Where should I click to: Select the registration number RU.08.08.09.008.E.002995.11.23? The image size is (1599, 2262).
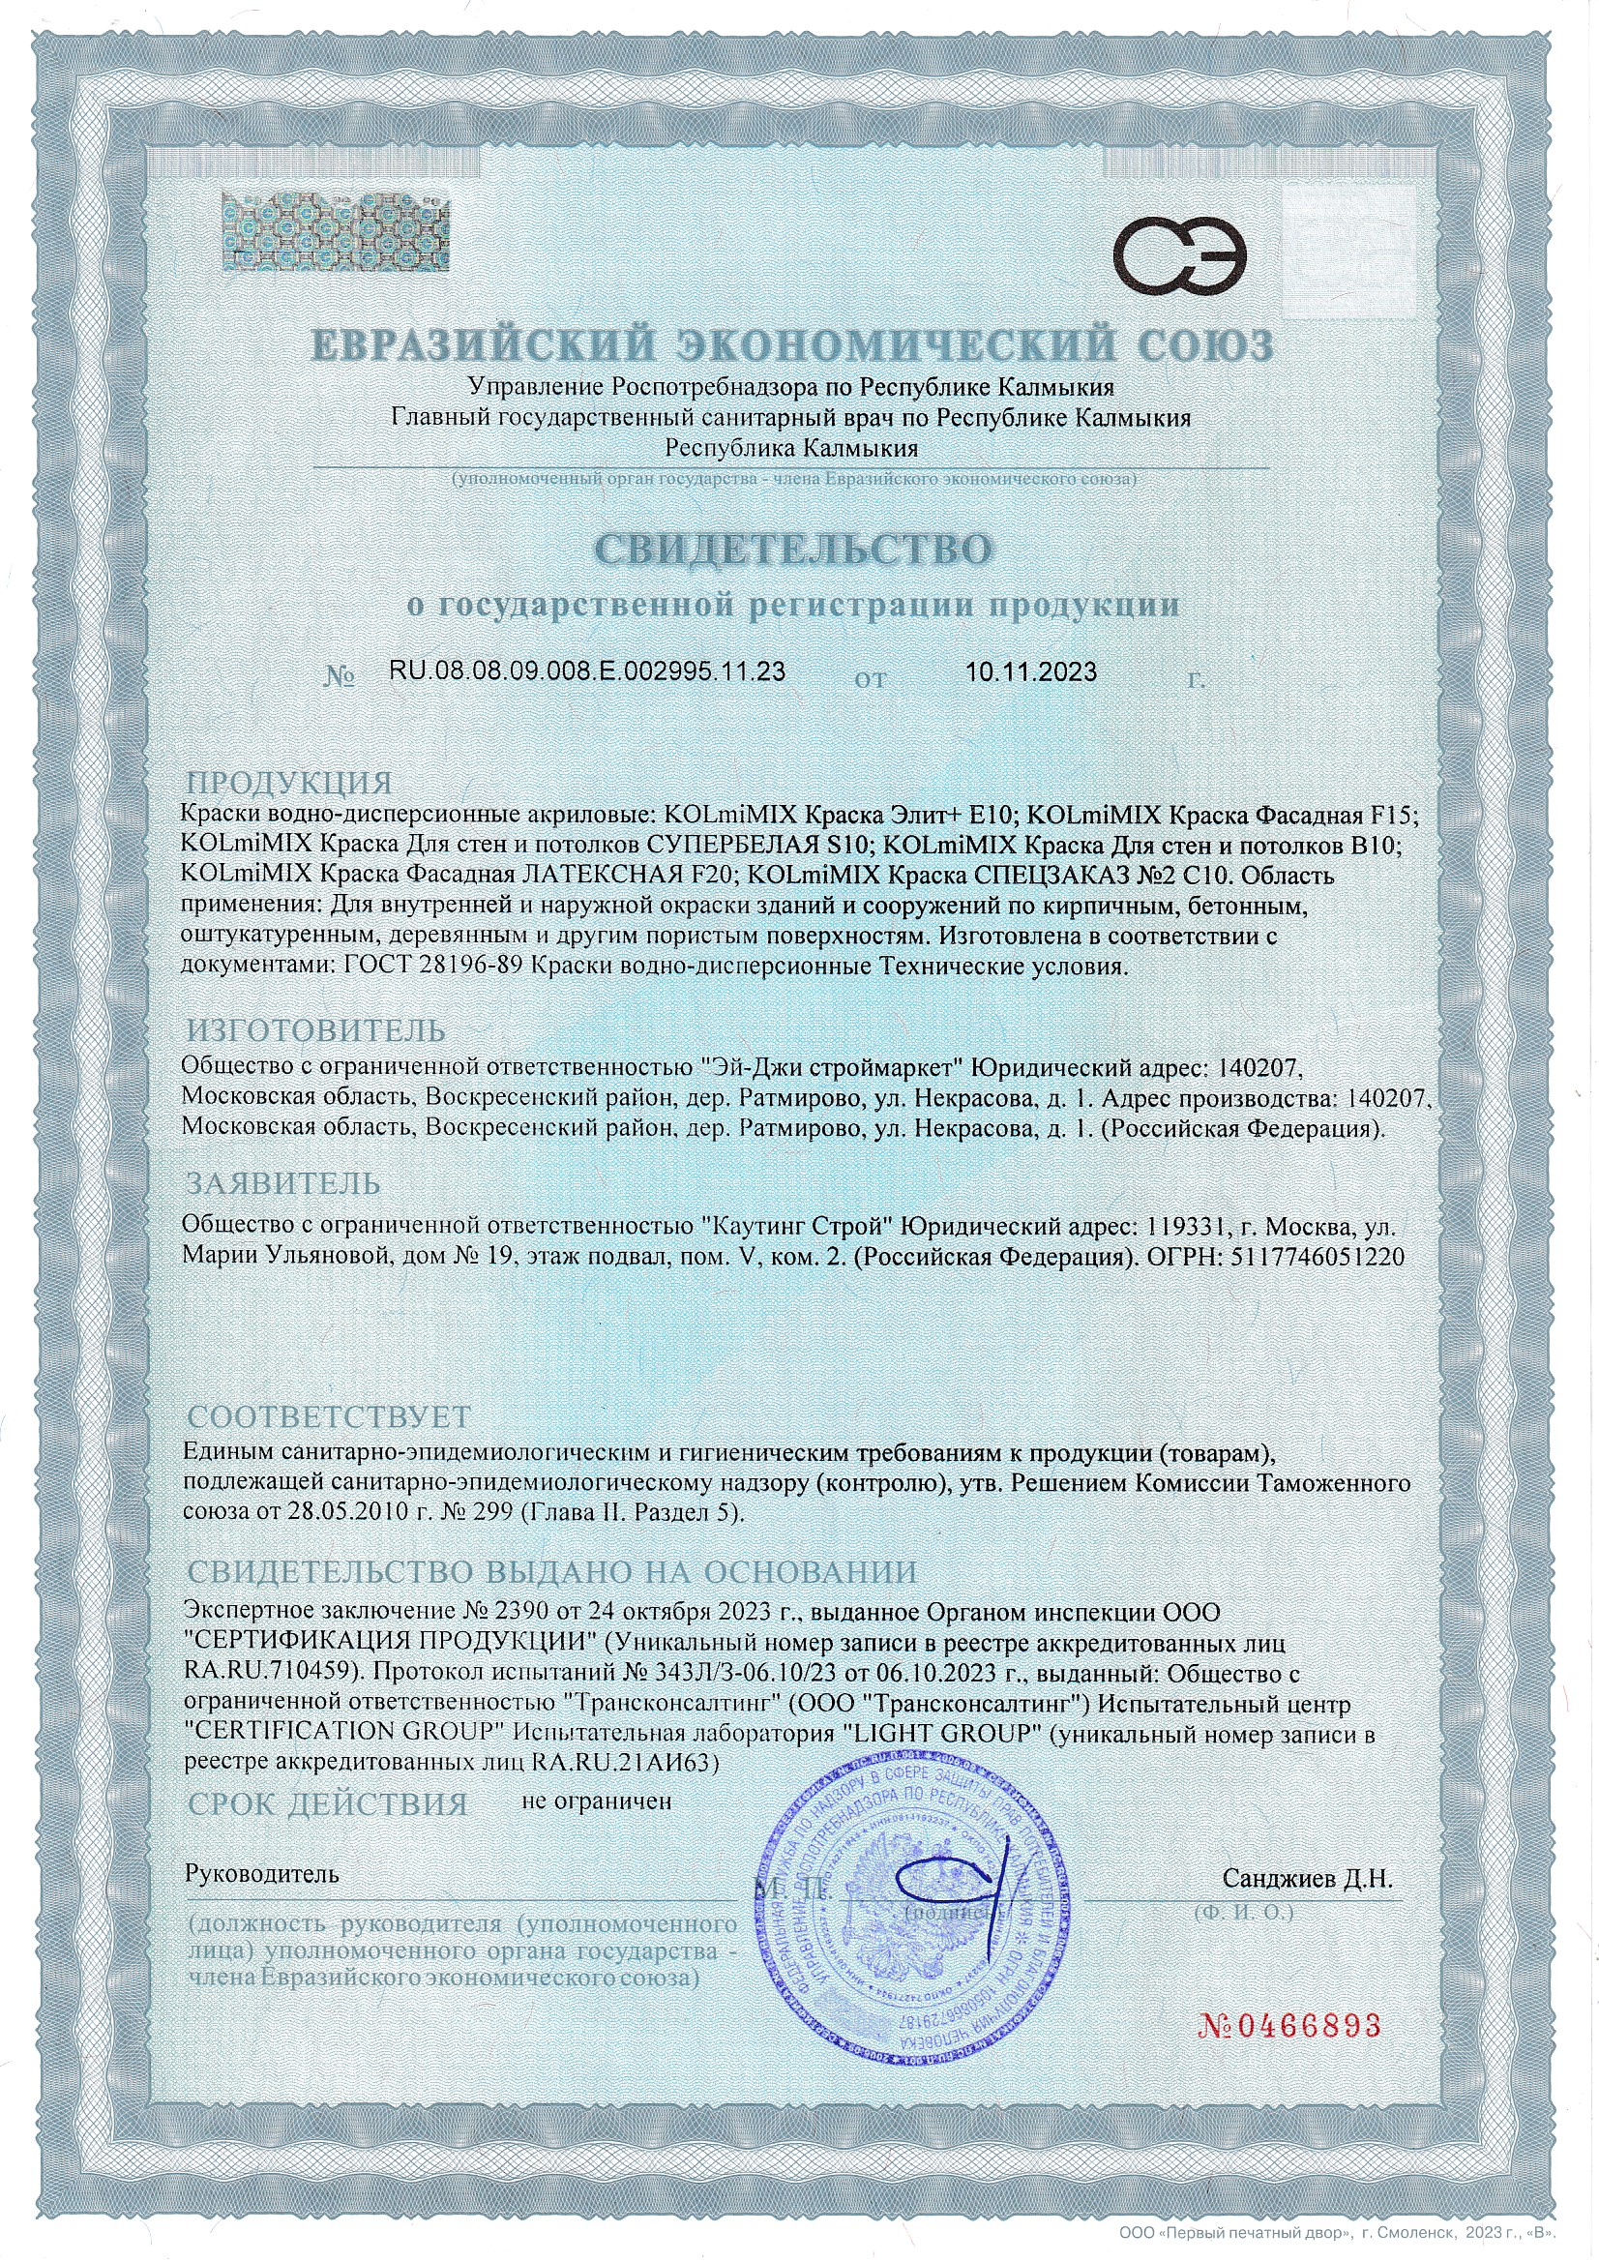(587, 671)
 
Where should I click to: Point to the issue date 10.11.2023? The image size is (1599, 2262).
(1030, 671)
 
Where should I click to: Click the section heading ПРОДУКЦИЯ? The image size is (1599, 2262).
(288, 784)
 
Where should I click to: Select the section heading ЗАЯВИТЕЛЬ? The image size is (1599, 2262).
(283, 1182)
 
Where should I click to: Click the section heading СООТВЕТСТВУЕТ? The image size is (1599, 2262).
(329, 1416)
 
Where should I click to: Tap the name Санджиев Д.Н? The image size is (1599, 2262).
(1308, 1879)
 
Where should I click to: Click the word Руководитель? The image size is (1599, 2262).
(262, 1875)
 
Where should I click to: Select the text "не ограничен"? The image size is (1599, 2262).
(596, 1801)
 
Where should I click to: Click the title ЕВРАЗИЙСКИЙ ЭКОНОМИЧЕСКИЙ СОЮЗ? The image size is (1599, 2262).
(793, 344)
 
